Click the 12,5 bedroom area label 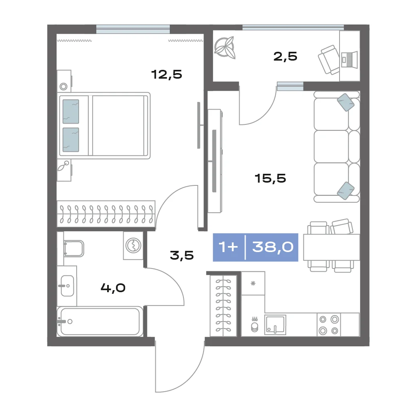tap(167, 75)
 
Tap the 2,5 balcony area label tap(285, 56)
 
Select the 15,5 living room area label tap(270, 178)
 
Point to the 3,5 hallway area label tap(182, 255)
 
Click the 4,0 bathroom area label tap(113, 288)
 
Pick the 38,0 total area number tap(273, 247)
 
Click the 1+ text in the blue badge tap(228, 247)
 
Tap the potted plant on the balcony tap(225, 48)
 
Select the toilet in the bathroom tap(74, 248)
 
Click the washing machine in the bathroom tap(133, 246)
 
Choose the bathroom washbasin tap(67, 286)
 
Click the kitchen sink tap(275, 325)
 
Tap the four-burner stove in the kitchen tap(329, 325)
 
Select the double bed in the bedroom tap(105, 126)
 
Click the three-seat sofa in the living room tap(337, 147)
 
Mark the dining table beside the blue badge tap(332, 247)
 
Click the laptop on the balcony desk tap(350, 59)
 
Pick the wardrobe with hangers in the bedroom tap(106, 214)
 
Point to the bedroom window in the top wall tap(133, 29)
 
